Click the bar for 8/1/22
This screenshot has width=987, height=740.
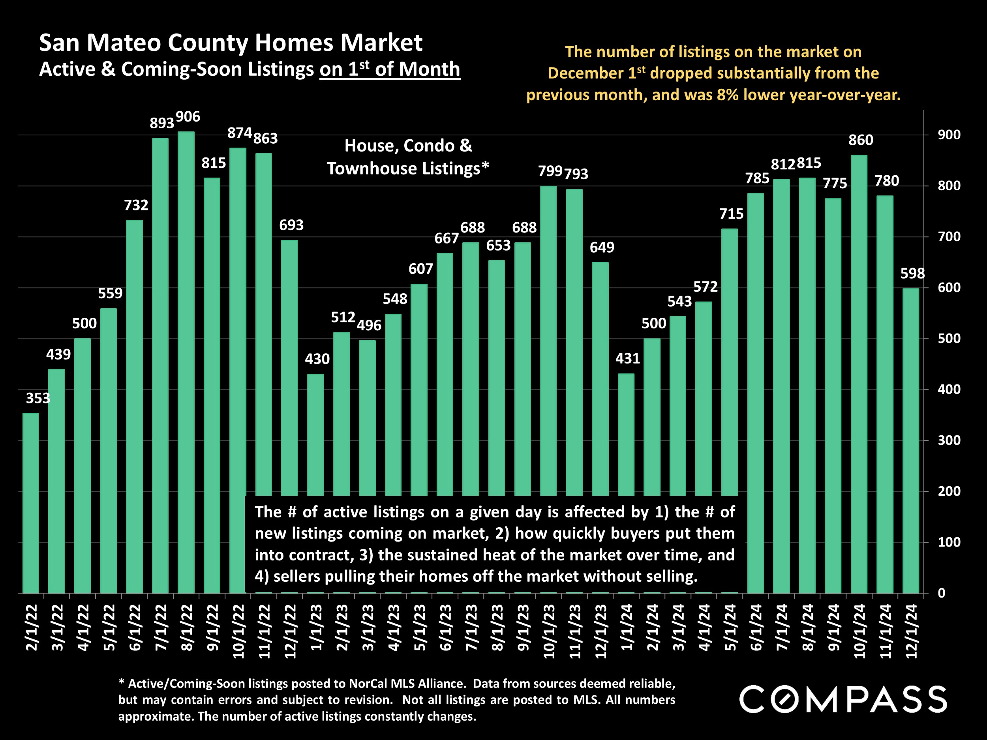[x=186, y=361]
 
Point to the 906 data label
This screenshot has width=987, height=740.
[x=188, y=117]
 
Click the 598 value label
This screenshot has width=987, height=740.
[x=912, y=274]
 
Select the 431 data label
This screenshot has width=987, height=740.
[x=627, y=358]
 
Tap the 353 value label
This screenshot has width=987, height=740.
[x=38, y=398]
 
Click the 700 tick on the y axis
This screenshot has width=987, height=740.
[x=949, y=236]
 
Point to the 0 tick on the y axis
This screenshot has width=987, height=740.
[x=942, y=593]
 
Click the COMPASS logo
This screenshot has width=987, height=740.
[x=843, y=699]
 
